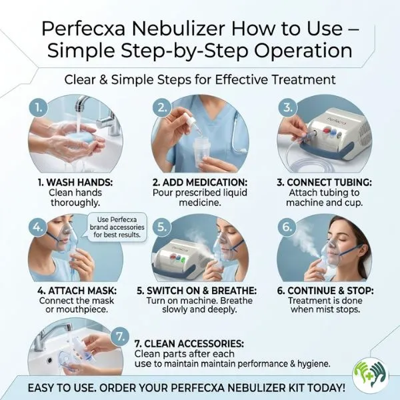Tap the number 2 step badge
[x=161, y=107]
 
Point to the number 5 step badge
[x=162, y=227]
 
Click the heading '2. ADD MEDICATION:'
[x=199, y=181]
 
